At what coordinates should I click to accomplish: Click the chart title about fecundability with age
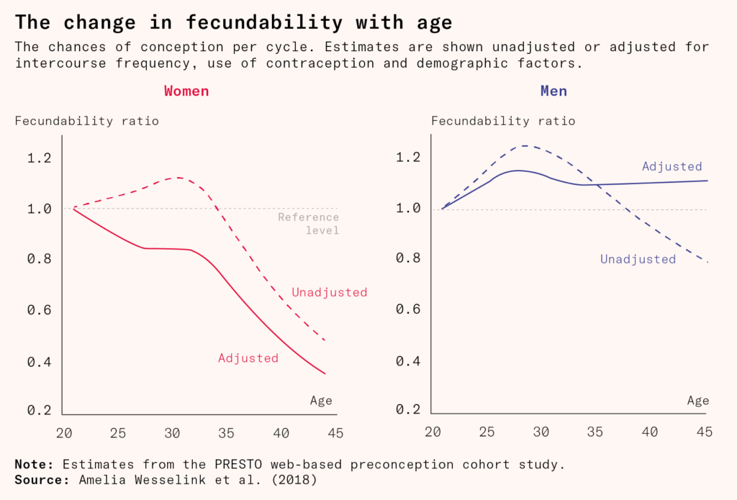tap(234, 22)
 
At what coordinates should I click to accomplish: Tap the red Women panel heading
tap(186, 91)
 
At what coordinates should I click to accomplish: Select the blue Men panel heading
tap(553, 91)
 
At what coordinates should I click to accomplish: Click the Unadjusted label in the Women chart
tap(329, 292)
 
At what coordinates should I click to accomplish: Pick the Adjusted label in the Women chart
tap(248, 358)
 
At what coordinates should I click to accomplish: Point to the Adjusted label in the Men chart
tap(672, 166)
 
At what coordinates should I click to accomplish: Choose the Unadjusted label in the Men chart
tap(638, 259)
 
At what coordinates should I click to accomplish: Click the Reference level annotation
tap(308, 224)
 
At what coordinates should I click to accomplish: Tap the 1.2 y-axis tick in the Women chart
tap(40, 158)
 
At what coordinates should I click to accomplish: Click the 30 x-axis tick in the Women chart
tap(172, 433)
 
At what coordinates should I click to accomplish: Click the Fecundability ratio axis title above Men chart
tap(503, 121)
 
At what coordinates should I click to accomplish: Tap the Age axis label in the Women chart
tap(321, 401)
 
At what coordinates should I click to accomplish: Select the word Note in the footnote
tap(34, 464)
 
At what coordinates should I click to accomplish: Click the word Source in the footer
tap(40, 478)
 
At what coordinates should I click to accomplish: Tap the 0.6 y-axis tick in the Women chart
tap(40, 310)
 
